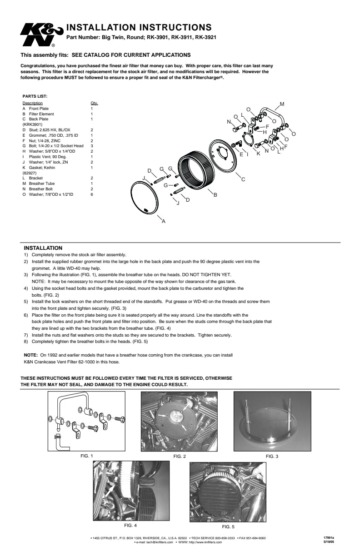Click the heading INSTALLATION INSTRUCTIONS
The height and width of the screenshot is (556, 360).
pos(139,28)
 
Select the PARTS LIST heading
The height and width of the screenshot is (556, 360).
pos(35,96)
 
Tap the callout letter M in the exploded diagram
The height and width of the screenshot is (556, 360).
pos(282,104)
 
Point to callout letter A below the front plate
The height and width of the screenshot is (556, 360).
pos(164,221)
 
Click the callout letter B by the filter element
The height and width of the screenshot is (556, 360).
pos(215,195)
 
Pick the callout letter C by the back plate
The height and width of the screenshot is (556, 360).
pos(243,180)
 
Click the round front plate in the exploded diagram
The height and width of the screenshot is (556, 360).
pos(145,198)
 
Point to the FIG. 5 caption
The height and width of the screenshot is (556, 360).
pos(228,527)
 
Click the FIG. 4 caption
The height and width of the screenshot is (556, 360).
pos(130,525)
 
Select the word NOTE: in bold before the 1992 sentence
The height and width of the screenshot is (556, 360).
pos(30,355)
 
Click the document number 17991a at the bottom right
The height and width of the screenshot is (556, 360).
pos(335,538)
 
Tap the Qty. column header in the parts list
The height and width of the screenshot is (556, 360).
pos(94,104)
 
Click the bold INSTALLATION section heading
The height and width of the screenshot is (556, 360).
pos(43,248)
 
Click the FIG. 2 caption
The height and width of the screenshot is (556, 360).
pos(180,456)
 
